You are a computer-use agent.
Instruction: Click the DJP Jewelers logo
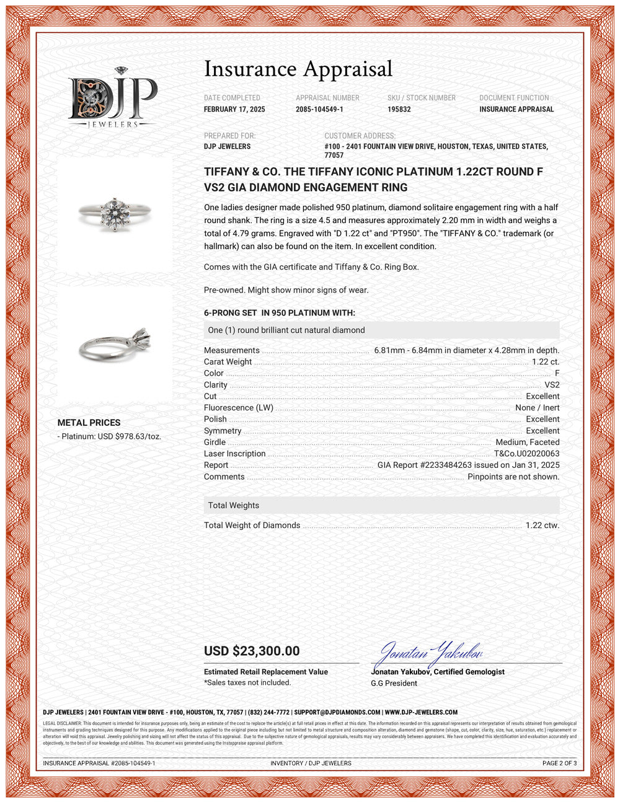[x=113, y=98]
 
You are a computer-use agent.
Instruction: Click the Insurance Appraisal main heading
[x=298, y=69]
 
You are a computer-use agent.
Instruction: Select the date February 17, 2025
[x=234, y=109]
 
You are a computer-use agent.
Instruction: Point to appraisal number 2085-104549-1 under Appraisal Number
[x=319, y=109]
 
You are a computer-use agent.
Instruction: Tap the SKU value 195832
[x=399, y=109]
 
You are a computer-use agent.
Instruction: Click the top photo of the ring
[x=115, y=213]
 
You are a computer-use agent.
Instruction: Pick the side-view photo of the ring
[x=115, y=343]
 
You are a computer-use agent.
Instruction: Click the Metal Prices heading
[x=89, y=423]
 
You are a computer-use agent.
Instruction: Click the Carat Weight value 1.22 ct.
[x=546, y=362]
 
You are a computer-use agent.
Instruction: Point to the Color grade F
[x=557, y=373]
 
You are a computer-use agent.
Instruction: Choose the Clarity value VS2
[x=552, y=385]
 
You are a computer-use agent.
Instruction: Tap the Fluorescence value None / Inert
[x=537, y=408]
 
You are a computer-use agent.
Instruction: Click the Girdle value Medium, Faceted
[x=527, y=442]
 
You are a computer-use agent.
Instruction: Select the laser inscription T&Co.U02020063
[x=526, y=454]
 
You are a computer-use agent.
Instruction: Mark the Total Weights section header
[x=234, y=505]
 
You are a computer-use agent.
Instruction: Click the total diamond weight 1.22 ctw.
[x=542, y=525]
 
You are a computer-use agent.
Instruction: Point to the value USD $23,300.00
[x=252, y=651]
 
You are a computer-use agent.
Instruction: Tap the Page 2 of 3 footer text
[x=559, y=763]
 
